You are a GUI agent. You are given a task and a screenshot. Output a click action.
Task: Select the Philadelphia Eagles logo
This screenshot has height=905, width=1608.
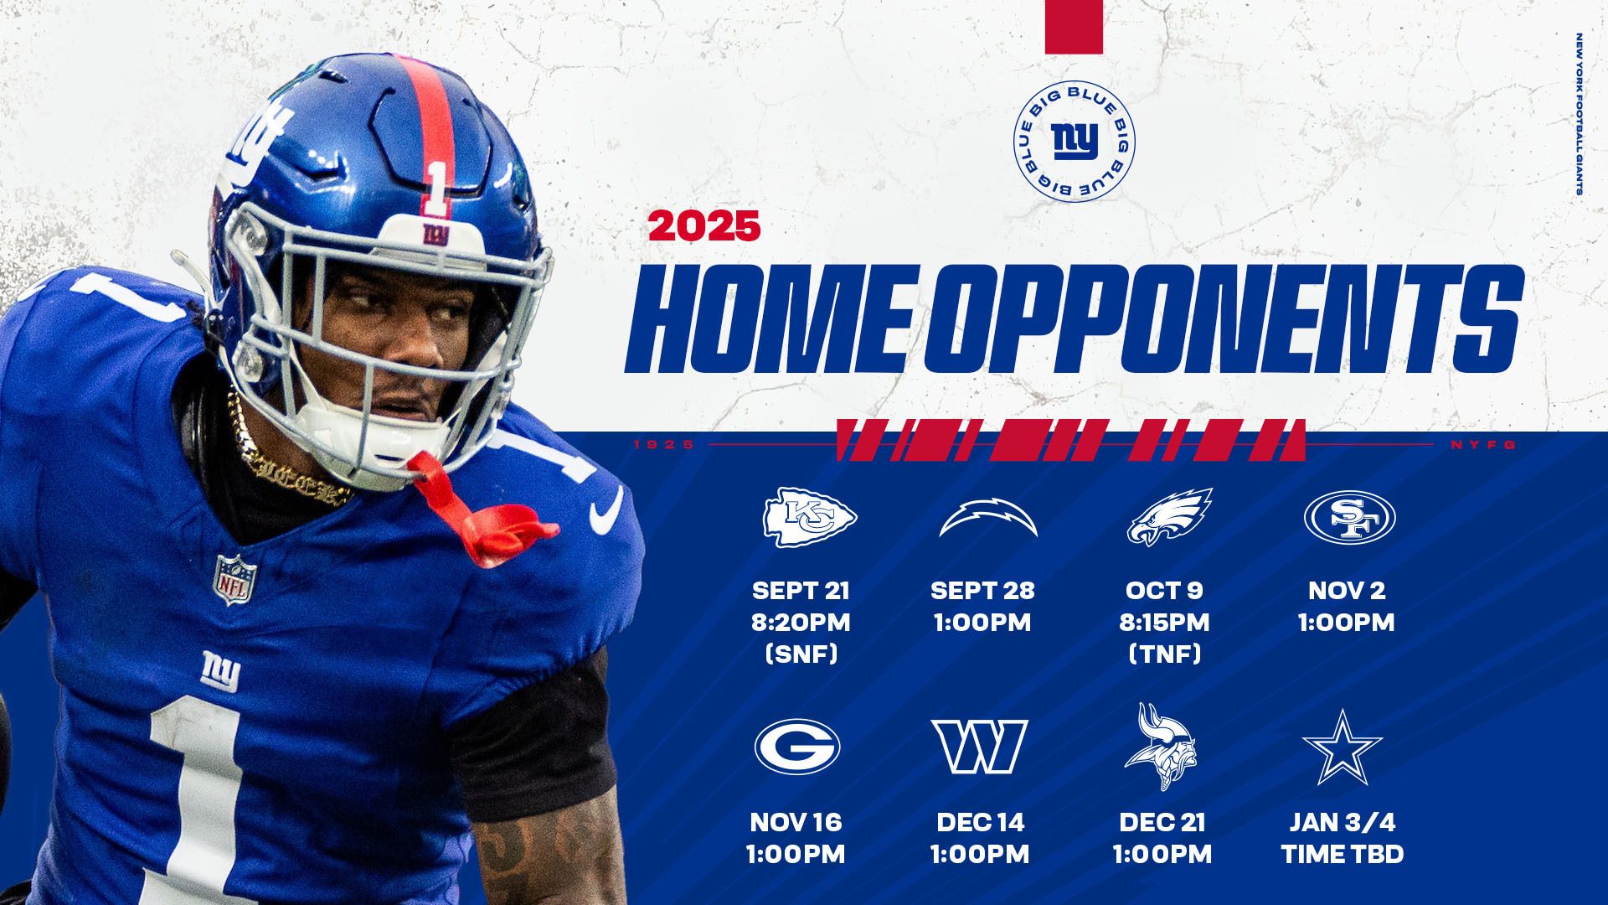1169,517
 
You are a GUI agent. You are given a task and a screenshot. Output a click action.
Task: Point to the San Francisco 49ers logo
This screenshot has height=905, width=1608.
1349,516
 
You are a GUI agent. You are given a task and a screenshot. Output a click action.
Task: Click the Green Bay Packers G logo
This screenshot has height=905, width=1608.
796,747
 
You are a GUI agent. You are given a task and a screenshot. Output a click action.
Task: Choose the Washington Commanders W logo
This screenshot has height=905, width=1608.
979,747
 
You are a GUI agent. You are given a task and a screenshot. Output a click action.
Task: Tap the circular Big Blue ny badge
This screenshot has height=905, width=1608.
1074,142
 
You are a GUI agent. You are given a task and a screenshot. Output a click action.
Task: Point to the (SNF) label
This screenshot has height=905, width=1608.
801,654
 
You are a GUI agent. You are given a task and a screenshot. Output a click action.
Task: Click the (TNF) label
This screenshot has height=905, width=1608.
1163,654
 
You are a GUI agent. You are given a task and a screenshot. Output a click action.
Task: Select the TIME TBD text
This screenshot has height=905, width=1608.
1342,854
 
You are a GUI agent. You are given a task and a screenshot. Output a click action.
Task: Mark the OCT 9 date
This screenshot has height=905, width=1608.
1163,590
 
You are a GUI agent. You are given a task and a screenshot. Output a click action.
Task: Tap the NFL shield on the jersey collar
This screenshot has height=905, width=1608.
234,578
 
